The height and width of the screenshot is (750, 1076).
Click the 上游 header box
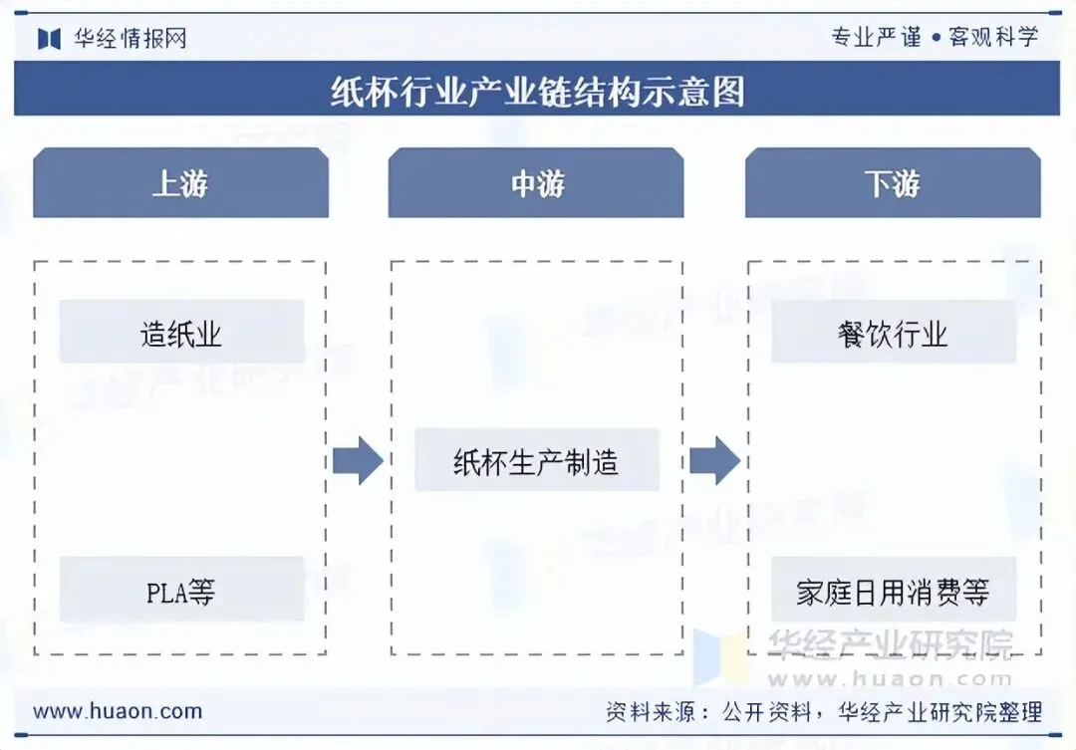180,183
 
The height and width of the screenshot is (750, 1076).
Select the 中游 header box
536,183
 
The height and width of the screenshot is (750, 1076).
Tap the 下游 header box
893,183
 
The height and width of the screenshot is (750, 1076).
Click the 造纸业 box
181,333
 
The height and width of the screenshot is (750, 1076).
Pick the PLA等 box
181,593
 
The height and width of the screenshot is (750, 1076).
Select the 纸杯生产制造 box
536,461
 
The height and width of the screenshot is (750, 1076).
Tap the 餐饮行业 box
894,333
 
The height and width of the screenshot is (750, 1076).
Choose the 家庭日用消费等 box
894,593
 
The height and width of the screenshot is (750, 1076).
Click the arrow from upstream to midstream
358,460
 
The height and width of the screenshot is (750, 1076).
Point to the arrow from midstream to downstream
714,460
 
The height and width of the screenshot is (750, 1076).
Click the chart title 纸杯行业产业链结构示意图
537,92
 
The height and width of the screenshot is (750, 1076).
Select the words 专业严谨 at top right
877,38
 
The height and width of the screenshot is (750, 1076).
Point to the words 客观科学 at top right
993,38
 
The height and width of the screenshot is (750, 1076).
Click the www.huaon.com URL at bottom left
118,712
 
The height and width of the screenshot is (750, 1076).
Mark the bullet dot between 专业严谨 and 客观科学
936,38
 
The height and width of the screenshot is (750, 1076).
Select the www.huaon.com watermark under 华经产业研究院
890,678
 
